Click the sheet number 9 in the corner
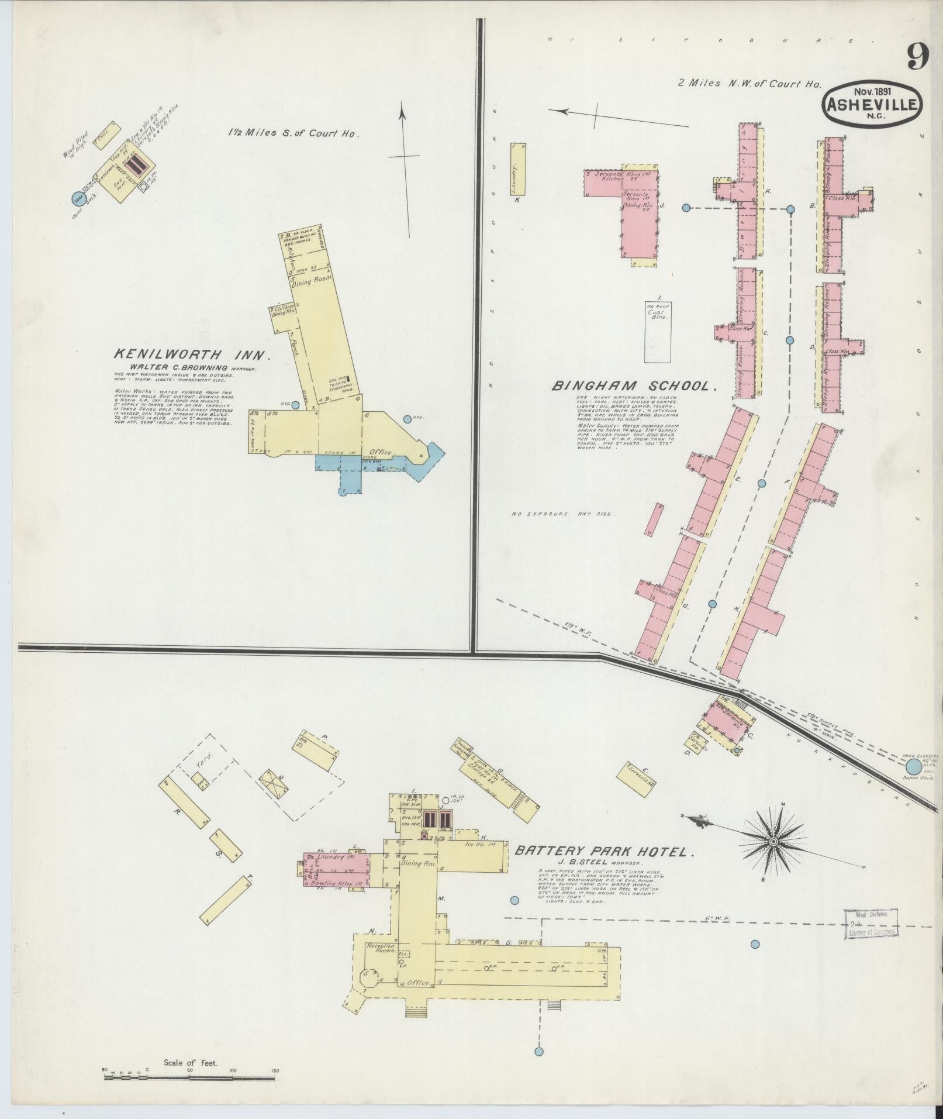point(918,57)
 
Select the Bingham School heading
point(634,386)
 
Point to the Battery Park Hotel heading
point(605,852)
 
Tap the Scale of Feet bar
point(190,1072)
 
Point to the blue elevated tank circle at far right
point(911,767)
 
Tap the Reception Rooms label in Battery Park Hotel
point(381,949)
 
